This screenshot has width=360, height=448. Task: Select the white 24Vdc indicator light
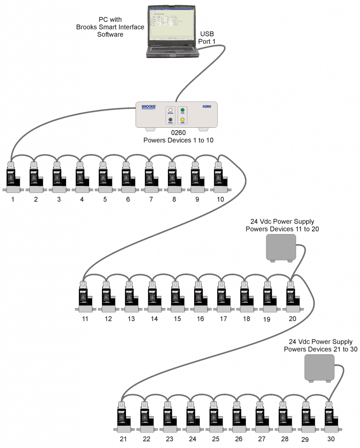[x=170, y=110]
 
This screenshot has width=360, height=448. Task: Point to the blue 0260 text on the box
[x=207, y=106]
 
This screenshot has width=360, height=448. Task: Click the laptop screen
[x=171, y=24]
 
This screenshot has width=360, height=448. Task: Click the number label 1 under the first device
[x=13, y=199]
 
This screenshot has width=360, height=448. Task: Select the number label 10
[x=220, y=199]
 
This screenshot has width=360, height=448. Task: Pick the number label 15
[x=177, y=319]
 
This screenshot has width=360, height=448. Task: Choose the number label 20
[x=293, y=318]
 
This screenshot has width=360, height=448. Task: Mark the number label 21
[x=123, y=438]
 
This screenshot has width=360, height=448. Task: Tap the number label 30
[x=331, y=438]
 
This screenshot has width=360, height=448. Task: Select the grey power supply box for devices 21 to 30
[x=319, y=367]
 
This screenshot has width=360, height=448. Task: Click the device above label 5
[x=104, y=177]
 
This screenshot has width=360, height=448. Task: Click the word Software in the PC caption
[x=110, y=34]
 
